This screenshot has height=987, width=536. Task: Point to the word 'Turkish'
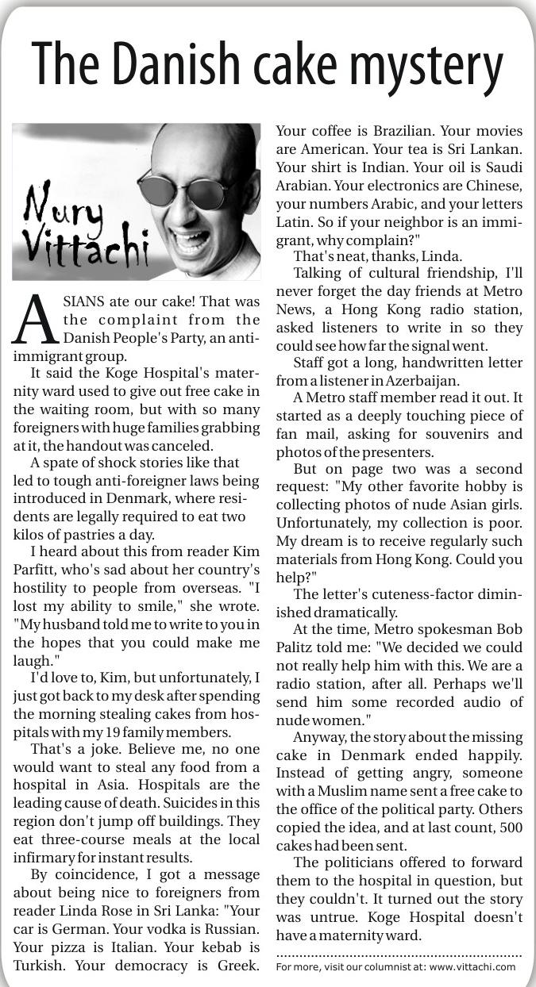coord(40,966)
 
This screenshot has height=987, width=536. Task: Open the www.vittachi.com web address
coord(472,966)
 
